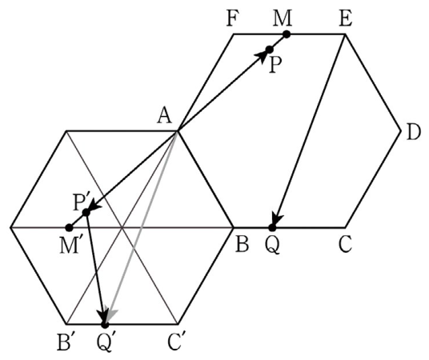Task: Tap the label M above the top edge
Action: tap(283, 19)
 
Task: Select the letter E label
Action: tap(345, 19)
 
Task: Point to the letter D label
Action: tap(414, 134)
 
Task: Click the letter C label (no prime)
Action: tap(345, 245)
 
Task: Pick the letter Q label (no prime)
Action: tap(272, 246)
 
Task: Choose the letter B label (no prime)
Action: tap(243, 244)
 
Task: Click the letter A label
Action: tap(165, 116)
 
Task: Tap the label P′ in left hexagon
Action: tap(81, 202)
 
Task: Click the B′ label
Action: tap(65, 343)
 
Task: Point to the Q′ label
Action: tap(104, 343)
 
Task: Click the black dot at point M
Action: tap(287, 34)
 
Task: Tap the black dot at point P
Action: tap(270, 50)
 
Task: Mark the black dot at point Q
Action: tap(272, 227)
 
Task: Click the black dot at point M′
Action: tap(69, 227)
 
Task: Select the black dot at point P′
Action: tap(86, 212)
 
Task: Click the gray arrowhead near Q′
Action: tap(111, 315)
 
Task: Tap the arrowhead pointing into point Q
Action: tap(278, 218)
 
